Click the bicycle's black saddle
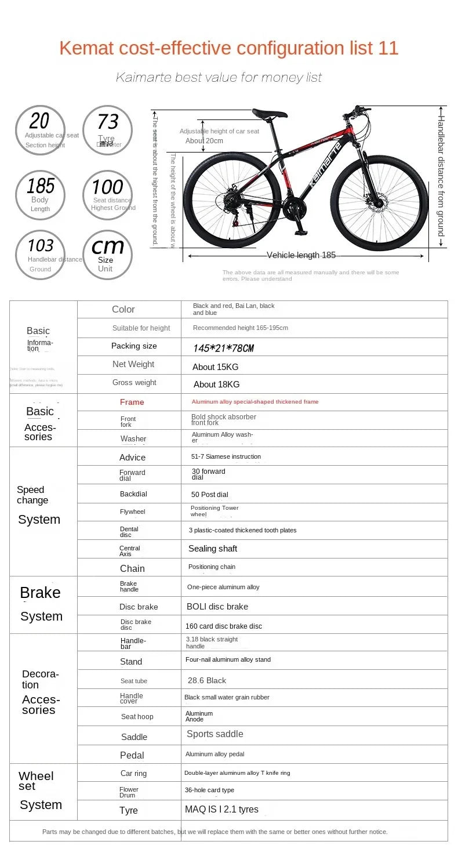270,114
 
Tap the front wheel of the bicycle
379,202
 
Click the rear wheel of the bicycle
232,200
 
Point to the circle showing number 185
41,195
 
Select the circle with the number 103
41,255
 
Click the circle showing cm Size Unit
107,255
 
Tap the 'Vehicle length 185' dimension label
301,255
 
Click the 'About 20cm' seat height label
204,141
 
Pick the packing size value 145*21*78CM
223,348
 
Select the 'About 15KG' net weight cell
215,367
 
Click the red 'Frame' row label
132,402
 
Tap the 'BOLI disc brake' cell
217,607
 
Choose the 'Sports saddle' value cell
215,734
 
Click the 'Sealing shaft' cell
212,549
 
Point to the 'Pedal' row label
132,755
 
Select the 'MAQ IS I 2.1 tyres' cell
221,809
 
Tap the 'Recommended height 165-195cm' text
240,328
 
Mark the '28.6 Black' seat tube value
206,680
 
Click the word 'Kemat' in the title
86,48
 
